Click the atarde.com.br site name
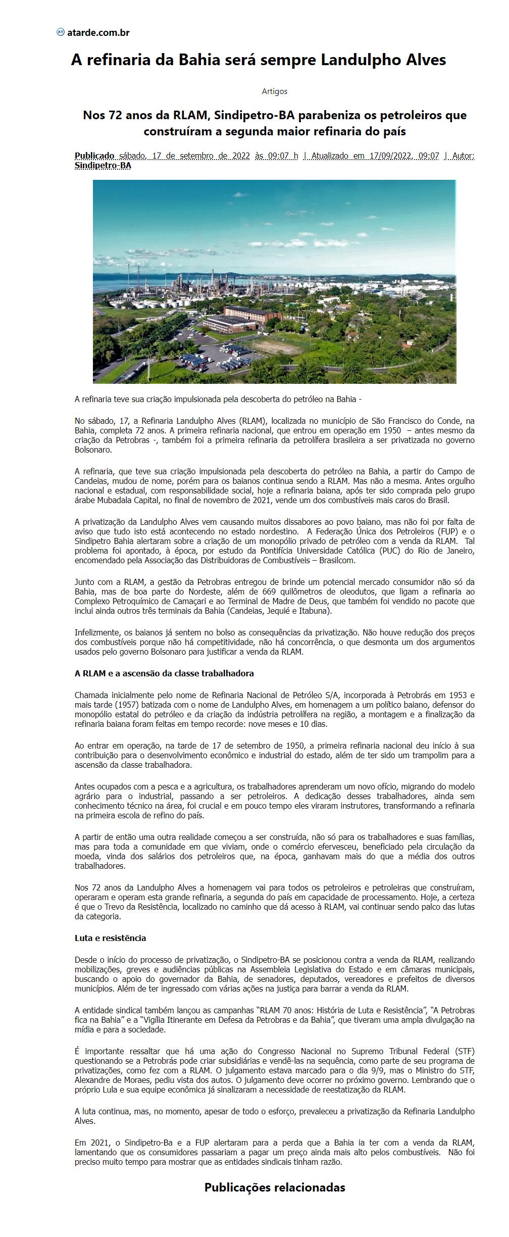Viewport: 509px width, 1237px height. click(x=98, y=33)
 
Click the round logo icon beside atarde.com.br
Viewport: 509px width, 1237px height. click(x=61, y=32)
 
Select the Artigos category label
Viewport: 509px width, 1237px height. click(x=275, y=91)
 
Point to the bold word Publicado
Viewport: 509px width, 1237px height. click(x=94, y=156)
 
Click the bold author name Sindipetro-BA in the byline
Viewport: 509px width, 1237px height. click(x=103, y=165)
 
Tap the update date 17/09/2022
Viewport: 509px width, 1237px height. click(x=391, y=156)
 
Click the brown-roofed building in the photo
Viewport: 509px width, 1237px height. click(x=252, y=316)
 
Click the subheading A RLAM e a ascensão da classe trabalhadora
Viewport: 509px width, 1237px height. click(x=164, y=673)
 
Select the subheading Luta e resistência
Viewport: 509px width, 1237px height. click(x=110, y=938)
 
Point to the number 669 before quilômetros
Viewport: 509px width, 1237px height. click(x=270, y=591)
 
